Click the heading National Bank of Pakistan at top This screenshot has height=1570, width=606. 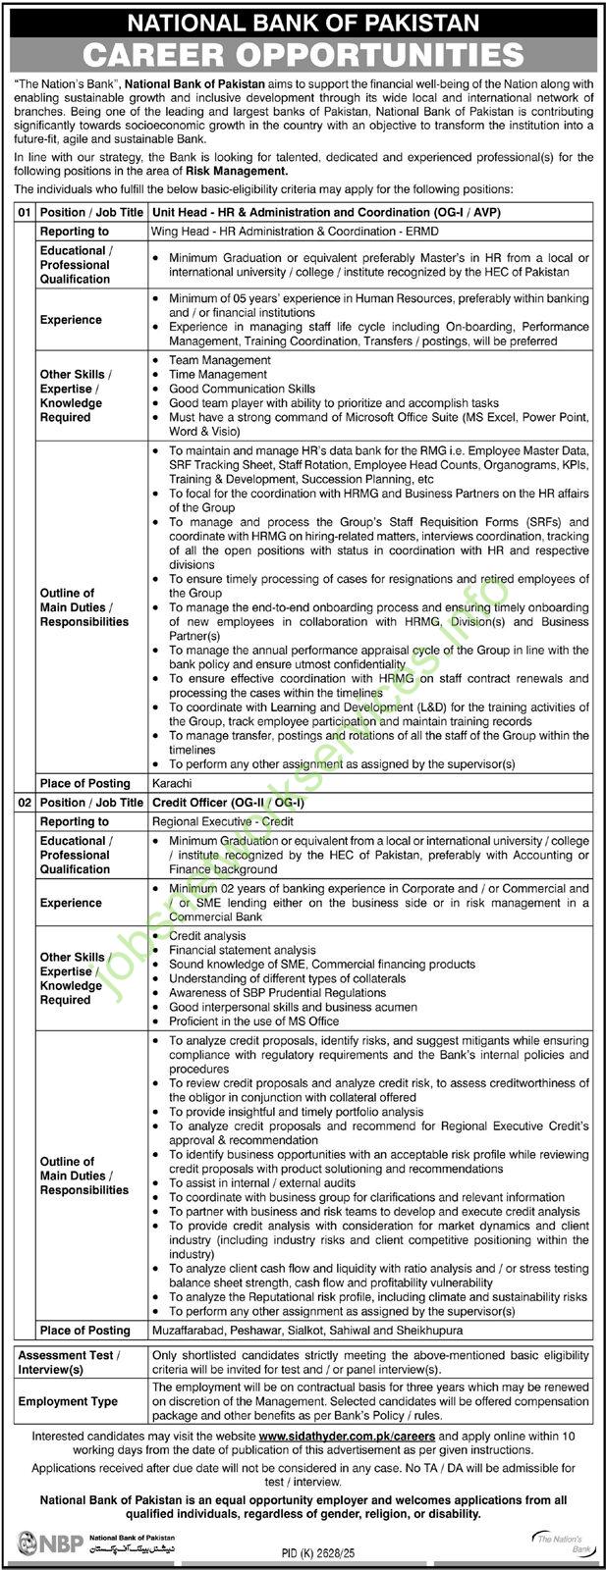click(x=303, y=21)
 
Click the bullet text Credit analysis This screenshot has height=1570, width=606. click(x=206, y=936)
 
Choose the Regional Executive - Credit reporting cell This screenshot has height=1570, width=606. click(x=222, y=821)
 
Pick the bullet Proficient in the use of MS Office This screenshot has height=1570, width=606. click(x=253, y=1020)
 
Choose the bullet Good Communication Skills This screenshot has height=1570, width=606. click(x=242, y=389)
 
